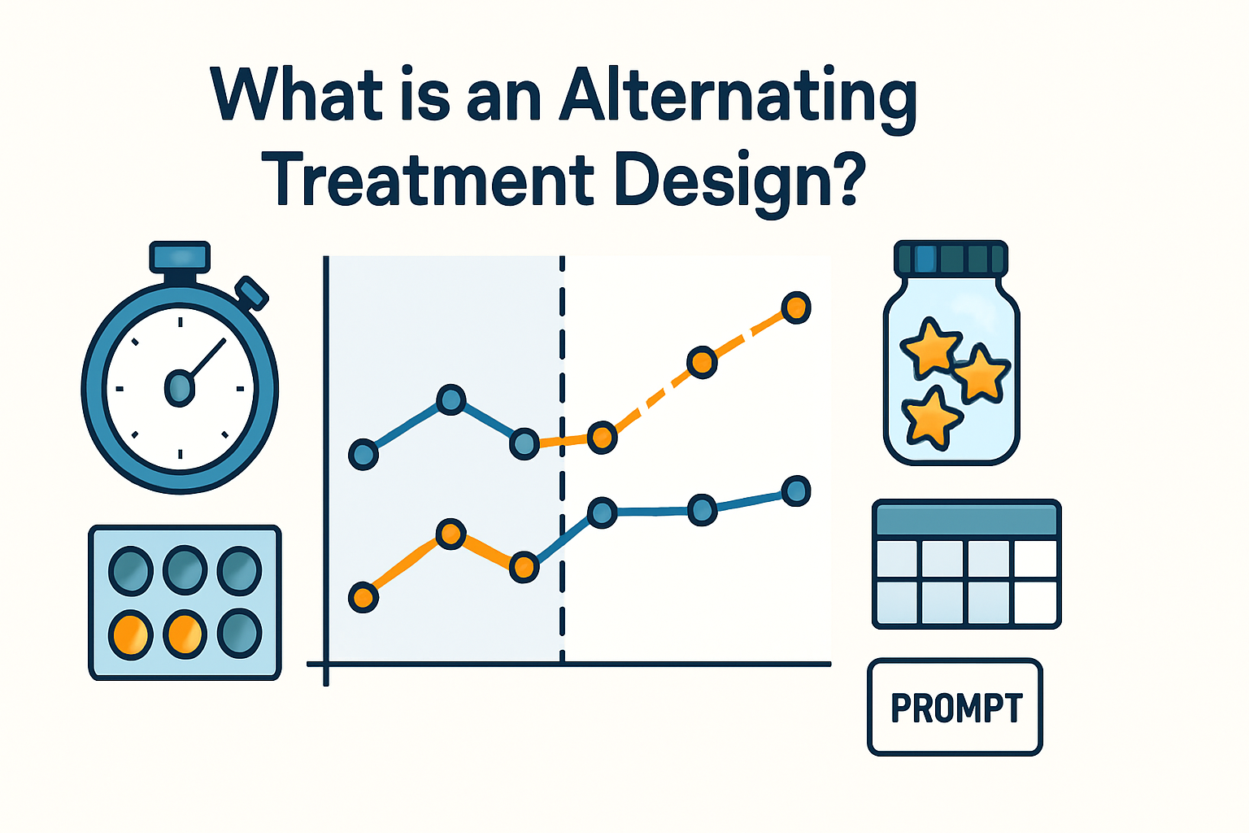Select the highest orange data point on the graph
pos(796,307)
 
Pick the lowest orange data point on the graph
pos(363,598)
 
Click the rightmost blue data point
pos(796,491)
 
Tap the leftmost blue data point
pos(363,454)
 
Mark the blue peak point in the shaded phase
pos(450,399)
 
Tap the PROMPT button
pos(955,708)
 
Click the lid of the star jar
pos(951,259)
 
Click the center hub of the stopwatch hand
pos(180,387)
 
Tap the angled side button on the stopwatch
pos(251,293)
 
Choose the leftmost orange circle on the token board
pos(130,634)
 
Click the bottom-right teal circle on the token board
pos(239,634)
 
